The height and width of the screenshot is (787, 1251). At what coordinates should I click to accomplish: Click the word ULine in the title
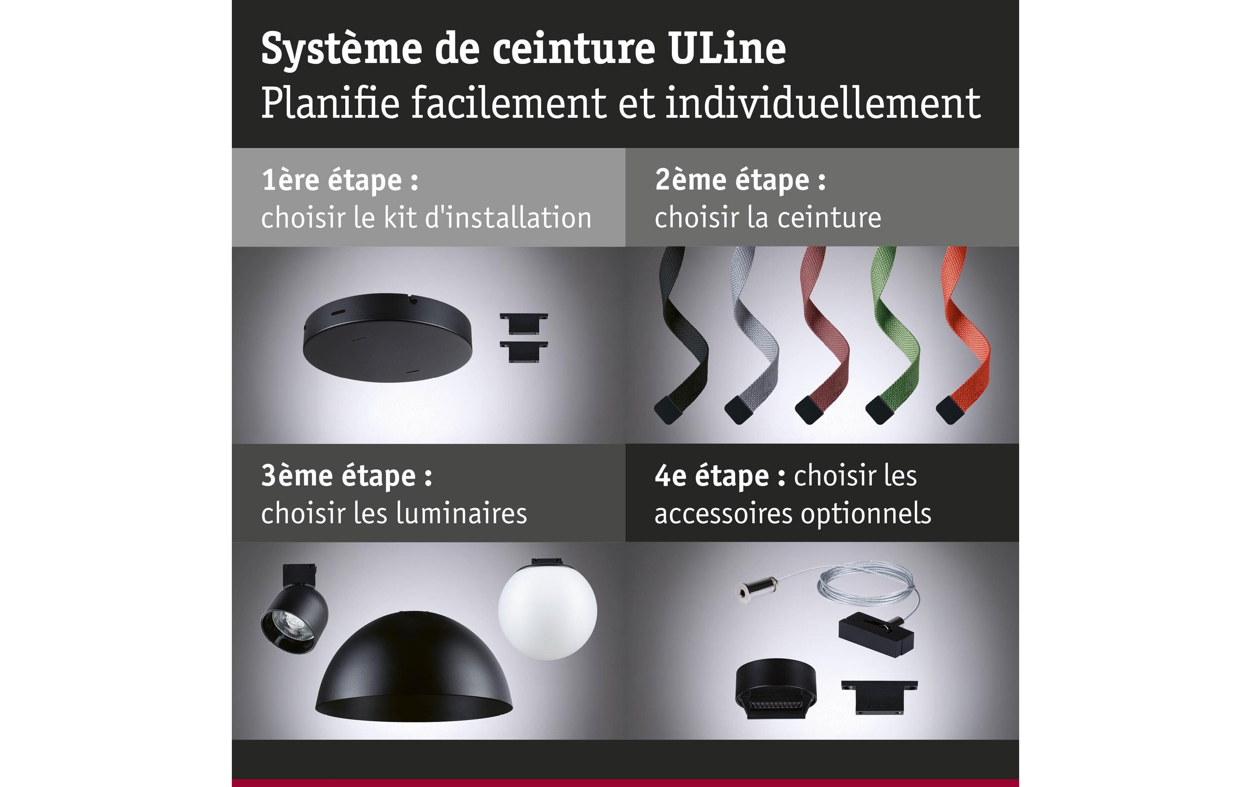click(727, 48)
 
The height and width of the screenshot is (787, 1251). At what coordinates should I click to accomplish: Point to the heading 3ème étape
click(346, 476)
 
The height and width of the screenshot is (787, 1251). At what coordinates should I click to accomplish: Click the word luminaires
click(461, 513)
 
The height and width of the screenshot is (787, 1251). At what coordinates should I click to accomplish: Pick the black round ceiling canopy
click(387, 338)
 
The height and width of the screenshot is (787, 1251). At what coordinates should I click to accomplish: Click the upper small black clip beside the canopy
click(524, 323)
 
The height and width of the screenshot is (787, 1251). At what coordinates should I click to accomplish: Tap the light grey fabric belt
click(752, 335)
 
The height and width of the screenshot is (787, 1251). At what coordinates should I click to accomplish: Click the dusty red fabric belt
click(823, 335)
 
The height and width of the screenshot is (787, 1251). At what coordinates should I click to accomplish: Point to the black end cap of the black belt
click(668, 410)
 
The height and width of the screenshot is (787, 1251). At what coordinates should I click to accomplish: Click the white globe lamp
click(548, 609)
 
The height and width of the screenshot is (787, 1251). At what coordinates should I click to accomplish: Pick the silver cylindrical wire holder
click(756, 591)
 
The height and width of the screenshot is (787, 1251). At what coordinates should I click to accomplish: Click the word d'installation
click(508, 218)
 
